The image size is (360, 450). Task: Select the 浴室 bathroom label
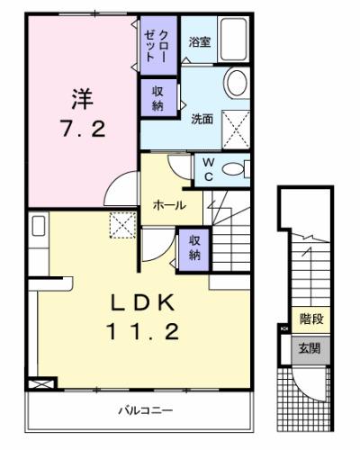pyautogui.click(x=199, y=41)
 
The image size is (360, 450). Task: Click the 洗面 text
pyautogui.click(x=202, y=118)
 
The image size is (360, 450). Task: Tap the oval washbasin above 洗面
pyautogui.click(x=235, y=83)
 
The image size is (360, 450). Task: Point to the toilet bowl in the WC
pyautogui.click(x=235, y=168)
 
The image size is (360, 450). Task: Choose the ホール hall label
pyautogui.click(x=169, y=205)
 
